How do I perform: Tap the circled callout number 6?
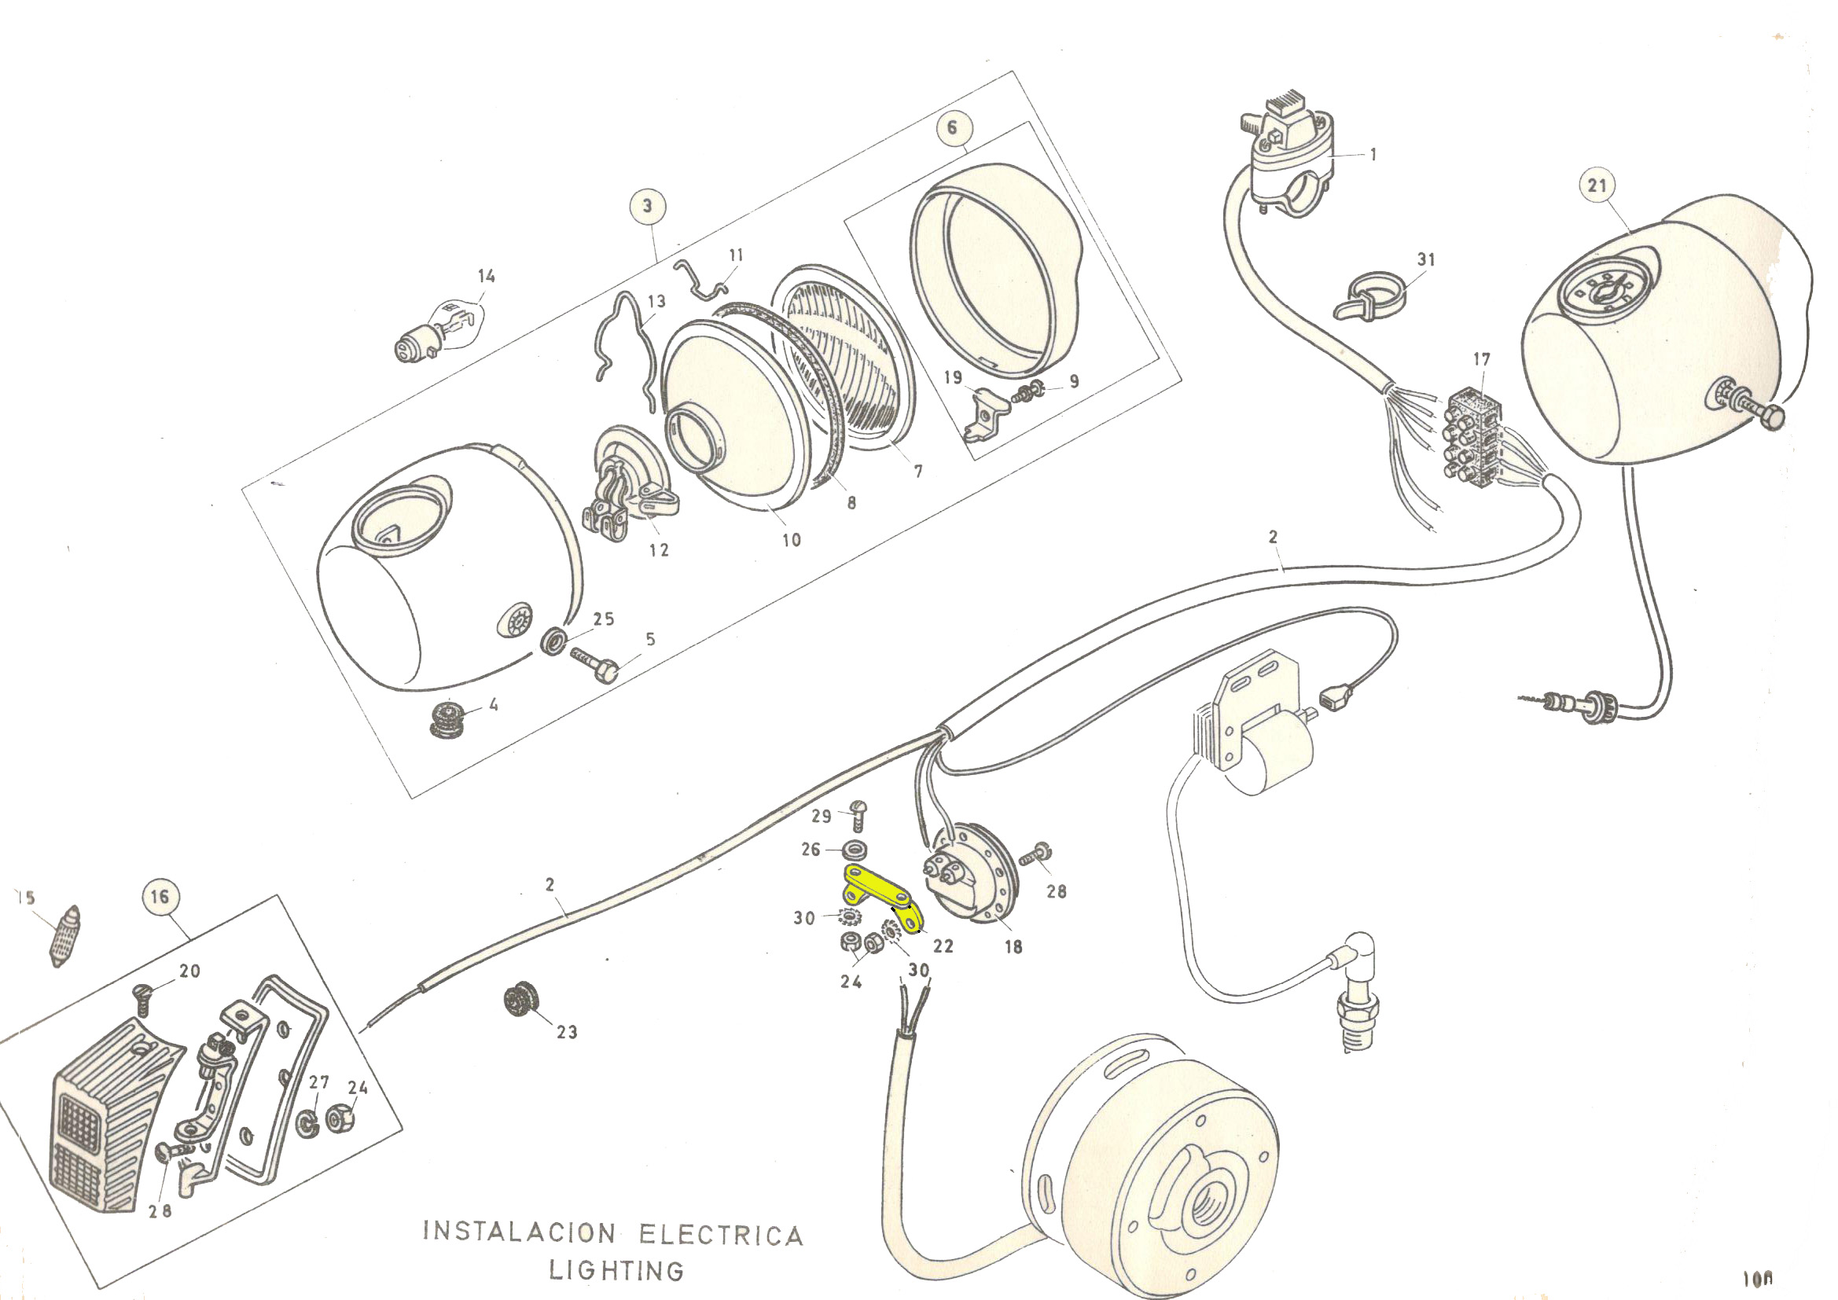pos(952,127)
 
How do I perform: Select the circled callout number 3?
pos(648,206)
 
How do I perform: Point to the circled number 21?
pos(1597,185)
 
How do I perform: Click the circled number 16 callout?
pos(160,896)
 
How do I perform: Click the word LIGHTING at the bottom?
pos(616,1270)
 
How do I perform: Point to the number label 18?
pos(1013,947)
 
